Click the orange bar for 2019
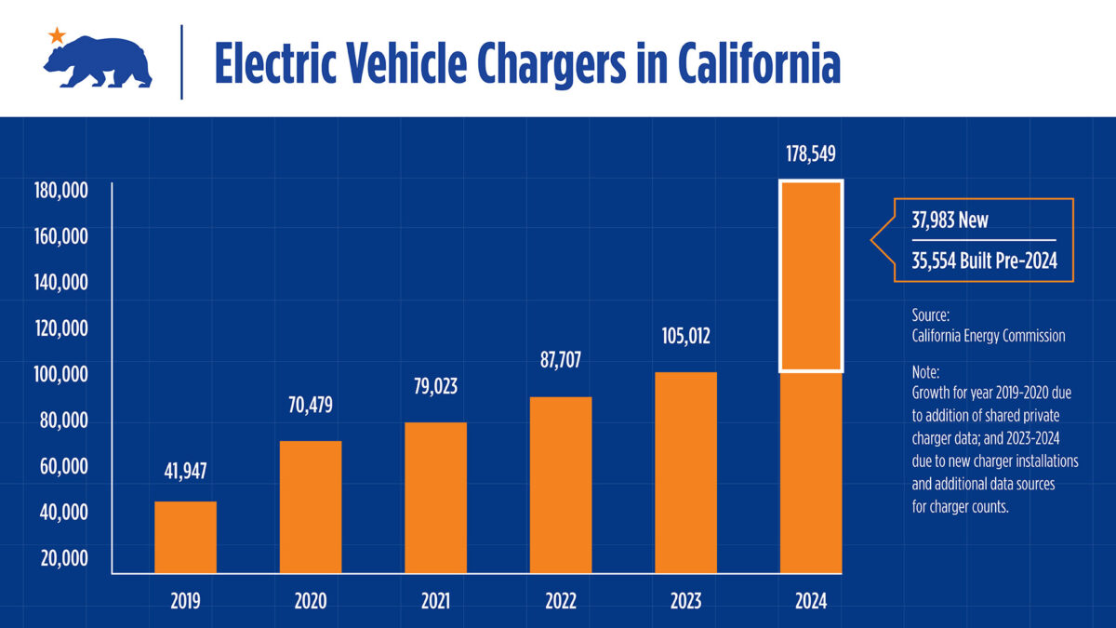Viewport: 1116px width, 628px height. coord(185,537)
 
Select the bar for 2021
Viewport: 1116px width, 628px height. coord(435,498)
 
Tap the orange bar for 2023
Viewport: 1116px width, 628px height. coord(685,473)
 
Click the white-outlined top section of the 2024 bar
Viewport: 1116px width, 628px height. coord(810,275)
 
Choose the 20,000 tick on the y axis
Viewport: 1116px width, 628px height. coord(63,558)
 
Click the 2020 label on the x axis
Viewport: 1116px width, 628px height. coord(311,601)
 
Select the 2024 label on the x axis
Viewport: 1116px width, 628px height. coord(810,601)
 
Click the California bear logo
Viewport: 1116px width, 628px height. coord(98,63)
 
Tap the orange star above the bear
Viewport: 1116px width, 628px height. coord(57,35)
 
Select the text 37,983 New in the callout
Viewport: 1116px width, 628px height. coord(950,221)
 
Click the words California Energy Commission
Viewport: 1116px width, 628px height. coord(989,336)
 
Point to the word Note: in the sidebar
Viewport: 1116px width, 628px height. coord(926,371)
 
